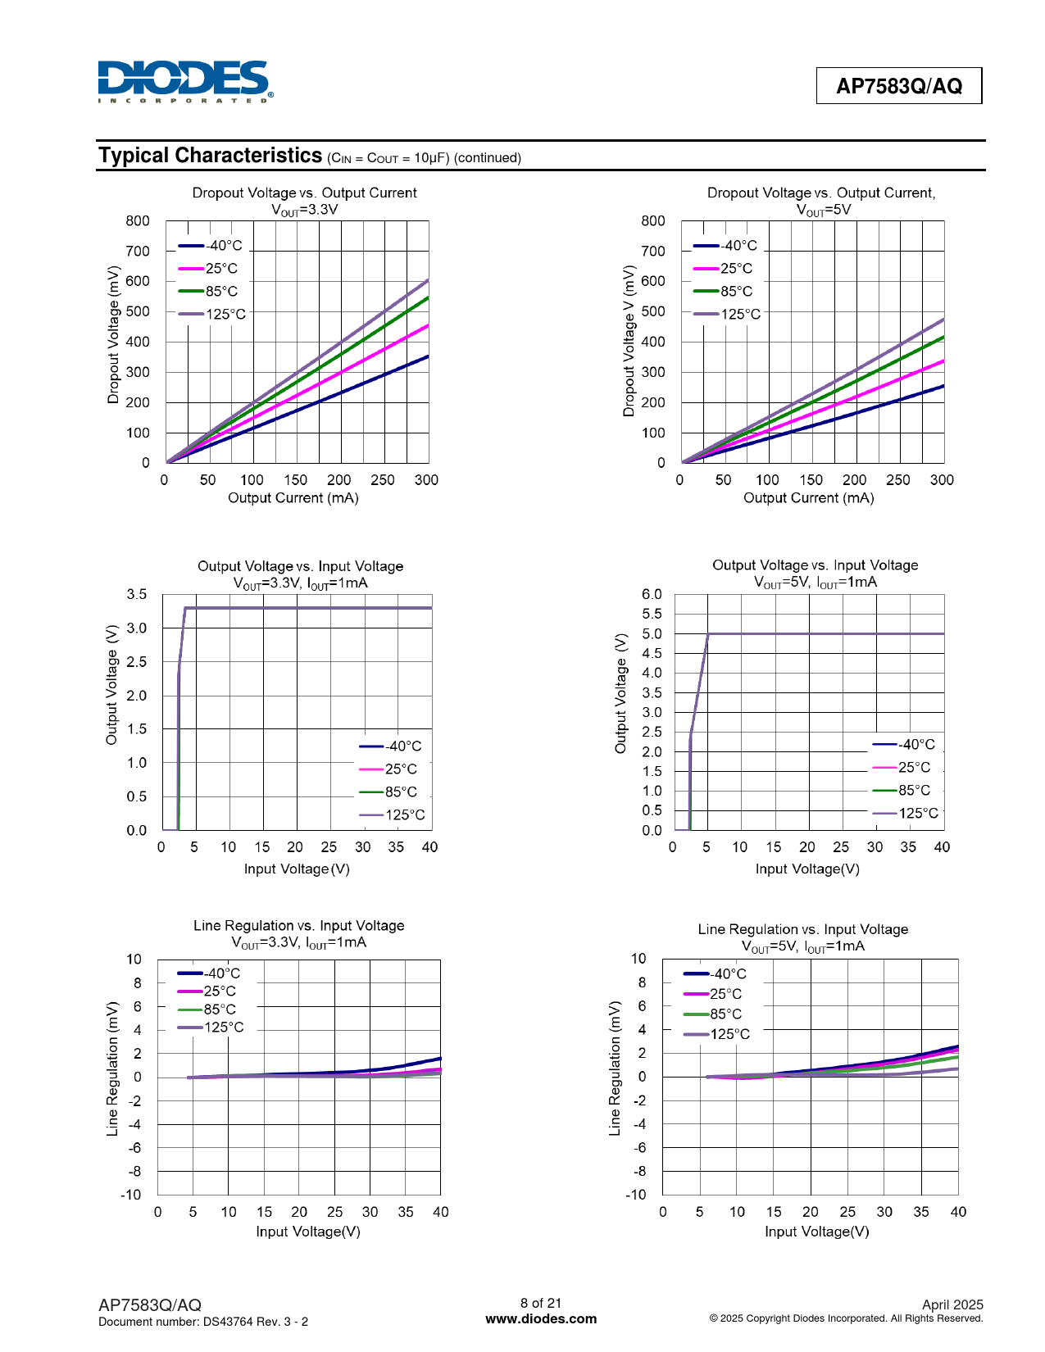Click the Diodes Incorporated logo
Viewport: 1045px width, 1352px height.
point(185,81)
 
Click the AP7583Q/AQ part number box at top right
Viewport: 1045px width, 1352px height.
point(899,86)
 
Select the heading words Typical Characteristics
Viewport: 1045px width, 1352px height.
point(211,156)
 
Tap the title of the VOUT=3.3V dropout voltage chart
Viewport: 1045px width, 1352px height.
point(304,201)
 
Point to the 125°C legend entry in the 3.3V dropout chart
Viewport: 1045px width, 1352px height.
point(211,314)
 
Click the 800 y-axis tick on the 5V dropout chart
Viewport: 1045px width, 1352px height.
point(653,221)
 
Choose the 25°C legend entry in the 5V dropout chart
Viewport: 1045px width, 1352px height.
point(723,269)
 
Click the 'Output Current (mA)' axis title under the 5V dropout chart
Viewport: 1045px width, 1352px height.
point(808,497)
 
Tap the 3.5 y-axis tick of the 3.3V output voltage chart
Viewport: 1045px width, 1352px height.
point(137,594)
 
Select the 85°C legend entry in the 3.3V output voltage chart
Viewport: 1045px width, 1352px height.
point(388,792)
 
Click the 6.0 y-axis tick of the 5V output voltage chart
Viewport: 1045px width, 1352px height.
point(652,594)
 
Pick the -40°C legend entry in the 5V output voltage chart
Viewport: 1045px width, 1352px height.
point(904,745)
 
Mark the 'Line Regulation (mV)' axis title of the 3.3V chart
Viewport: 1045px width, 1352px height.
point(112,1068)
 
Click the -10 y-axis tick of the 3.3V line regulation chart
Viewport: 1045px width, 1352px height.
point(130,1195)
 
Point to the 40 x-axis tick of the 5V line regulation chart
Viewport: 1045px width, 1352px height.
point(958,1211)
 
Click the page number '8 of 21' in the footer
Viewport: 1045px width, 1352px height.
point(541,1303)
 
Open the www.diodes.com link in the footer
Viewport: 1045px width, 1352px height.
point(541,1318)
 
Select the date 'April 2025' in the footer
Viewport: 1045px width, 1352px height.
point(952,1304)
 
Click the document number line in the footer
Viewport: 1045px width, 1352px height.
point(203,1322)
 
